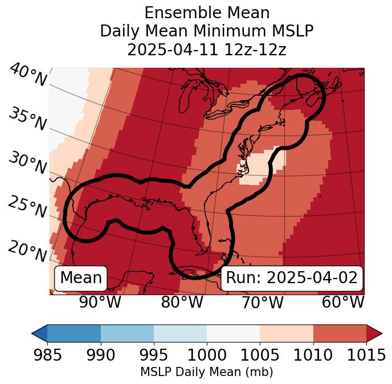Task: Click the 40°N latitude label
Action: point(27,75)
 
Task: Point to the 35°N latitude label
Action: point(27,119)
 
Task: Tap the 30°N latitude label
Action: point(27,164)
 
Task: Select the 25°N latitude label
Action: point(27,207)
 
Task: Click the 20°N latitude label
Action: point(27,251)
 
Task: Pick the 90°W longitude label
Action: point(100,302)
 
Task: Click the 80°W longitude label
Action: point(182,302)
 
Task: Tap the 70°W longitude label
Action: point(263,302)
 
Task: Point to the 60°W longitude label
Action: point(343,302)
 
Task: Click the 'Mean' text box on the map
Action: point(81,278)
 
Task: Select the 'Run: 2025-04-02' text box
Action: point(292,278)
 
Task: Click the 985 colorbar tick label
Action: point(47,356)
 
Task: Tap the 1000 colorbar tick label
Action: point(207,356)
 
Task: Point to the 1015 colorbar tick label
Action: point(366,356)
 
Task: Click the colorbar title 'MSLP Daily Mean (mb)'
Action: point(207,372)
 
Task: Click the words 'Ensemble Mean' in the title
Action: point(207,13)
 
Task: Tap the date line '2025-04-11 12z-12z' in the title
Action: point(207,50)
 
